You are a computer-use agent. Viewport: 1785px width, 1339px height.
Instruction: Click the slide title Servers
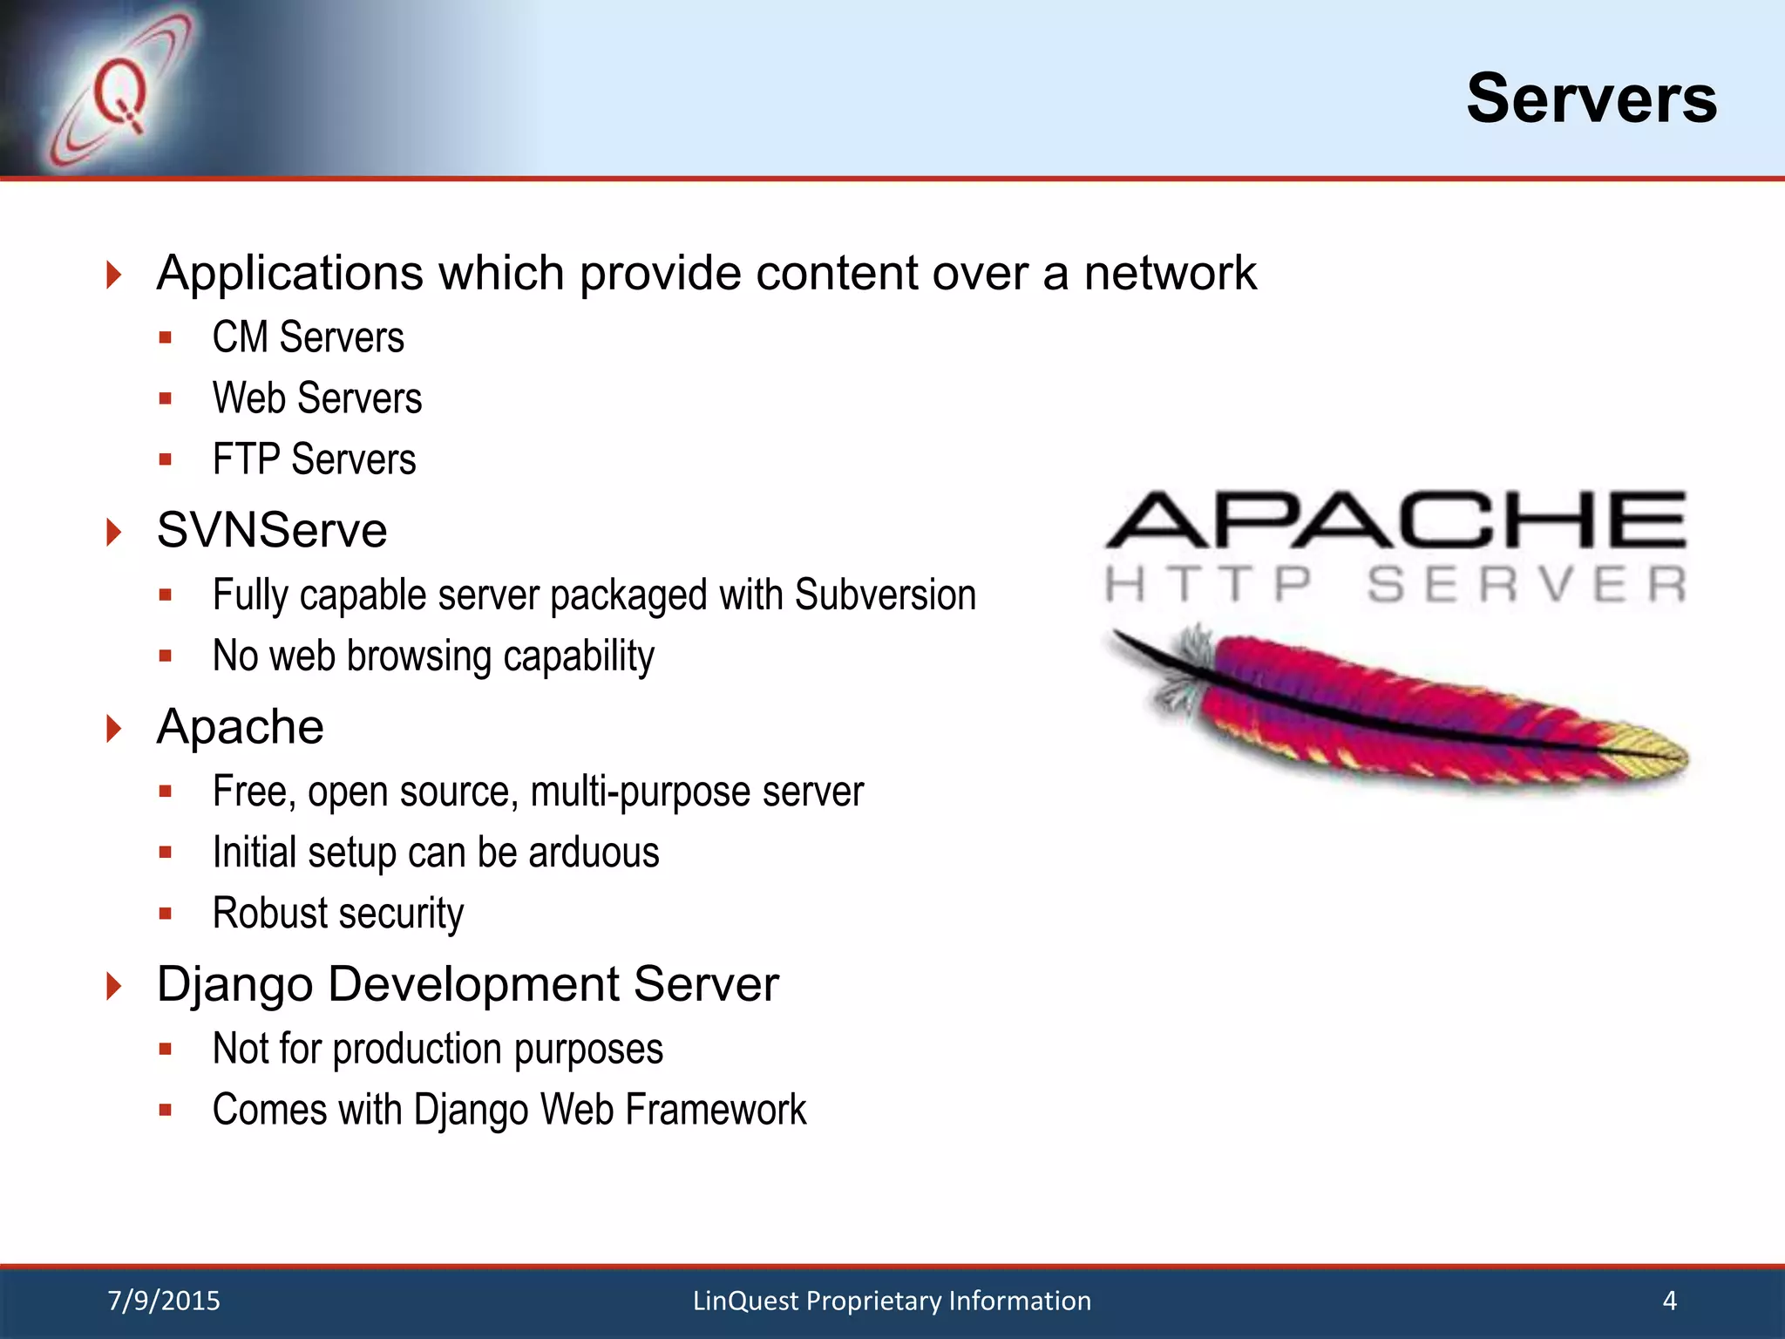[x=1591, y=99]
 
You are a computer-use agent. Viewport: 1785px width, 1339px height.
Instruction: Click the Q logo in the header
[x=119, y=94]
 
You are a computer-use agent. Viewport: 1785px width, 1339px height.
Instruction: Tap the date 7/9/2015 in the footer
[x=164, y=1301]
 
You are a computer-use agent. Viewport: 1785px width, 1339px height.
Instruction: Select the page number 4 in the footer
[x=1669, y=1301]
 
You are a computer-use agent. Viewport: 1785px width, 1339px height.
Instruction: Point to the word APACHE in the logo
[x=1395, y=520]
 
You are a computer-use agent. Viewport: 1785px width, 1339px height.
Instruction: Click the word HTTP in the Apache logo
[x=1209, y=584]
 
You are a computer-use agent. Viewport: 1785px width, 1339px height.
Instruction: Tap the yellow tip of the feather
[x=1652, y=748]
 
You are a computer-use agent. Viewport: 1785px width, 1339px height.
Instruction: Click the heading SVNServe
[x=272, y=530]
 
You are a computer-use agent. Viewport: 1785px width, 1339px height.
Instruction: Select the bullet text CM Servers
[x=309, y=337]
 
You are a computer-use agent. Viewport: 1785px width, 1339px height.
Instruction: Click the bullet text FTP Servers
[x=315, y=459]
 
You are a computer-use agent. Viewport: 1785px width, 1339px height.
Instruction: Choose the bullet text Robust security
[x=338, y=914]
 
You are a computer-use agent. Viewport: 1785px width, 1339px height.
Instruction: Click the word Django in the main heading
[x=234, y=985]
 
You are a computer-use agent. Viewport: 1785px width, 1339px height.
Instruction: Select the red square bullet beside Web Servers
[x=166, y=399]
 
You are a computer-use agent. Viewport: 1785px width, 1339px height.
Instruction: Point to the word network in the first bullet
[x=1170, y=274]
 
